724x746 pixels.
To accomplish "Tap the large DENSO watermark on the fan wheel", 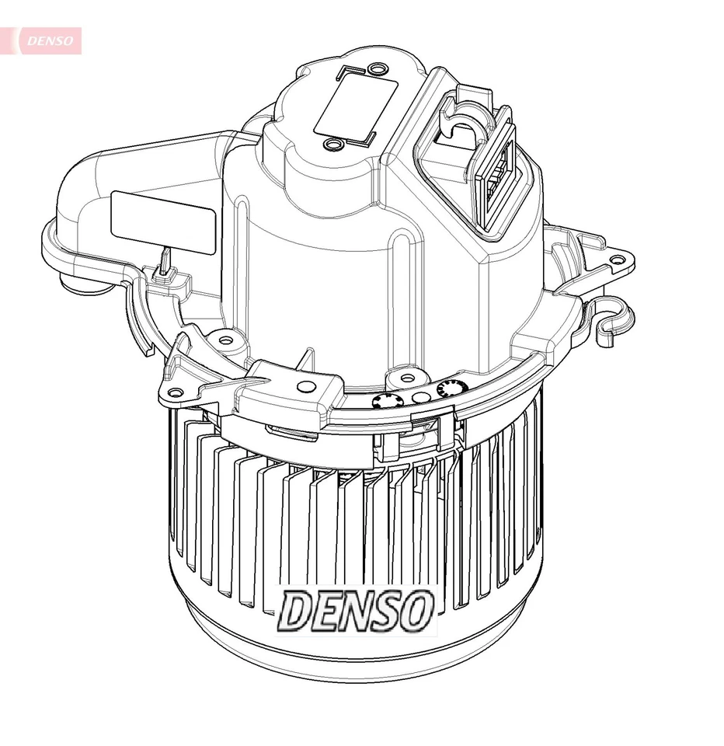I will [356, 609].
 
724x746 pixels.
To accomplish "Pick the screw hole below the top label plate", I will [334, 144].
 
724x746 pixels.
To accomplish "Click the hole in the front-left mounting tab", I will [176, 392].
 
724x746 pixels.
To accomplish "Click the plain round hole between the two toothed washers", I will [419, 397].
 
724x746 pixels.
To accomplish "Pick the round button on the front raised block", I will [308, 386].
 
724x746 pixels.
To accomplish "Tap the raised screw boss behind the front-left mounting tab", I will [225, 339].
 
